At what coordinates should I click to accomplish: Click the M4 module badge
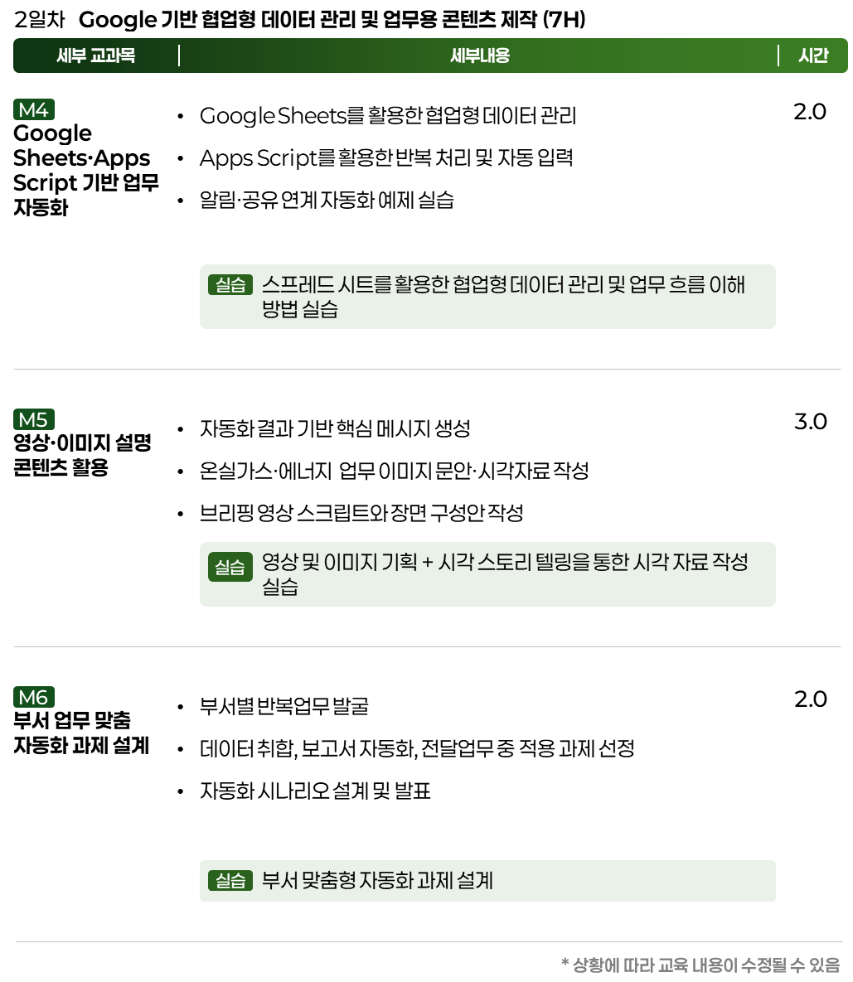pos(34,109)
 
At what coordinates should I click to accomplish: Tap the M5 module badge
pos(34,419)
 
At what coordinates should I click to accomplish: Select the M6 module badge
pos(34,696)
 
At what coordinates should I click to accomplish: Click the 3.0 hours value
pos(811,422)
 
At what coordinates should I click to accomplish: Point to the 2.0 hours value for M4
pos(810,112)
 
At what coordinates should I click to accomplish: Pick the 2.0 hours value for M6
pos(811,699)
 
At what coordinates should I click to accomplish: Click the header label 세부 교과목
pos(96,56)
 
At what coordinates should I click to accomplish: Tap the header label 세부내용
pos(480,56)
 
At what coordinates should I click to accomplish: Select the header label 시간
pos(813,56)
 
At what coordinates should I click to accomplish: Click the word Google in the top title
pos(118,20)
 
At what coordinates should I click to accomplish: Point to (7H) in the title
pos(564,20)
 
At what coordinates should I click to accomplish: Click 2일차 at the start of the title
pos(40,19)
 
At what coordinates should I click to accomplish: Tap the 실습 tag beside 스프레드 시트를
pos(230,285)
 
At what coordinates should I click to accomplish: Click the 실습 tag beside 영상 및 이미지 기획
pos(230,567)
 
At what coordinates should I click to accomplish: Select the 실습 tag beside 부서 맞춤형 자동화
pos(230,881)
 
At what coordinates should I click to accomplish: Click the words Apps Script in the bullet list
pos(259,158)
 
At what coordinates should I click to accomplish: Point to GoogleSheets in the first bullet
pos(273,116)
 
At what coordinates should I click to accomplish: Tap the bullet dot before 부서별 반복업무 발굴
pos(181,707)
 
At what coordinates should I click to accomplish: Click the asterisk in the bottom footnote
pos(565,962)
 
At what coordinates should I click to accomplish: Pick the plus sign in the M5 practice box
pos(428,563)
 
